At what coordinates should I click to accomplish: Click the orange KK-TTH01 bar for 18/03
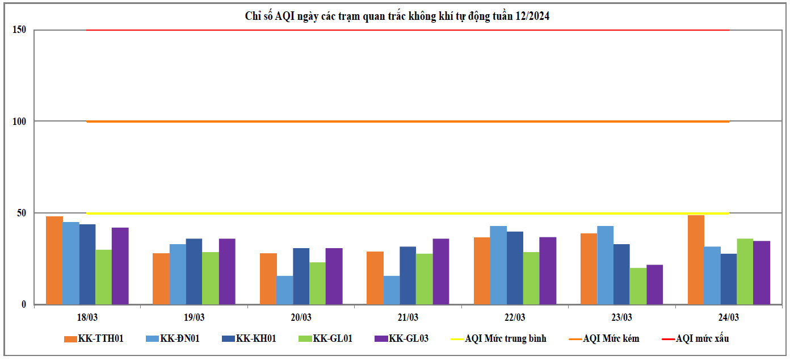[x=54, y=260]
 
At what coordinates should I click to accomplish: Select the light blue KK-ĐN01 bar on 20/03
[x=284, y=290]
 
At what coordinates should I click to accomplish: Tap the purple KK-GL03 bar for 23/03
[x=654, y=284]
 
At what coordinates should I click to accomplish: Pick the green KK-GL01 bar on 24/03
[x=745, y=271]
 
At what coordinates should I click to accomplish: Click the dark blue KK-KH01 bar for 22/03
[x=515, y=268]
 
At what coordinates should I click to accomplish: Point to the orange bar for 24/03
[x=696, y=259]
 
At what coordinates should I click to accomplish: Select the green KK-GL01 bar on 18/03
[x=104, y=277]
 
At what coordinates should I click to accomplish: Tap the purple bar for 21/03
[x=440, y=271]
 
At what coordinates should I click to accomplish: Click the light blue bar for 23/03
[x=605, y=265]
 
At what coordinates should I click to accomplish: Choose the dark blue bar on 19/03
[x=194, y=271]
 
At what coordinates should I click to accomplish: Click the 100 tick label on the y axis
[x=19, y=122]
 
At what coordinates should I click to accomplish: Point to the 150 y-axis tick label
[x=19, y=30]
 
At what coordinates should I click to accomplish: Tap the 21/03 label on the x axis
[x=408, y=317]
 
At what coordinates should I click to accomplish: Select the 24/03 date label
[x=729, y=317]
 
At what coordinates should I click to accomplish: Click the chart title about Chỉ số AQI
[x=397, y=16]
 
